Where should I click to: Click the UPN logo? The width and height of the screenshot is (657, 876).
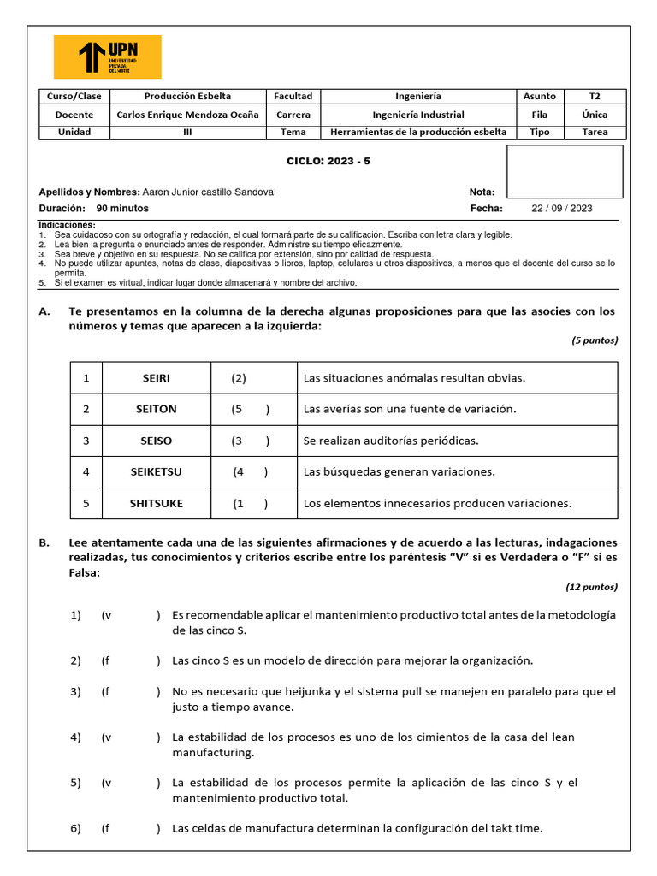coord(107,56)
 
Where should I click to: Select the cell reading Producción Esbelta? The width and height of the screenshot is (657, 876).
coord(187,96)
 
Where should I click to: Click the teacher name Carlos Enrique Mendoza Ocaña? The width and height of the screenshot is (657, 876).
coord(187,115)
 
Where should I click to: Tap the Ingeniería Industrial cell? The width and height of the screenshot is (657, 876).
coord(418,115)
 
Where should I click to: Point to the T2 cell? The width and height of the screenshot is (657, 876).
coord(595,96)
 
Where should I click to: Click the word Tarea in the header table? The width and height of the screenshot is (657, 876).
coord(595,133)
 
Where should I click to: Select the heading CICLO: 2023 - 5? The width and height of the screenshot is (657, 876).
coord(328,161)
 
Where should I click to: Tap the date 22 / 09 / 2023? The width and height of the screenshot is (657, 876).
coord(561,208)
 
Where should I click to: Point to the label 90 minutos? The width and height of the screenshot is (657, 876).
coord(122,208)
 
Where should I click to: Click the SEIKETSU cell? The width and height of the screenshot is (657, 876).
coord(156,471)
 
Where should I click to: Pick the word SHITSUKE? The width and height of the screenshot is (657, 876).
coord(156,503)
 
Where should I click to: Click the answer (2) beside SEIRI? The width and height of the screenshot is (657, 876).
coord(239,378)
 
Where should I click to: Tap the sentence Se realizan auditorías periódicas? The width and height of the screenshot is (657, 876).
coord(391,441)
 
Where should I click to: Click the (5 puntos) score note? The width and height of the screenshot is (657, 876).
coord(595,340)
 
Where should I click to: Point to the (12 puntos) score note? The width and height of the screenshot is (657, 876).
coord(592,587)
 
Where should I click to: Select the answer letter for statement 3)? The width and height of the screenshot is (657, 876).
coord(106,691)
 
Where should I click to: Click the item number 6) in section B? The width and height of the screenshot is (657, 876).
coord(75,828)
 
